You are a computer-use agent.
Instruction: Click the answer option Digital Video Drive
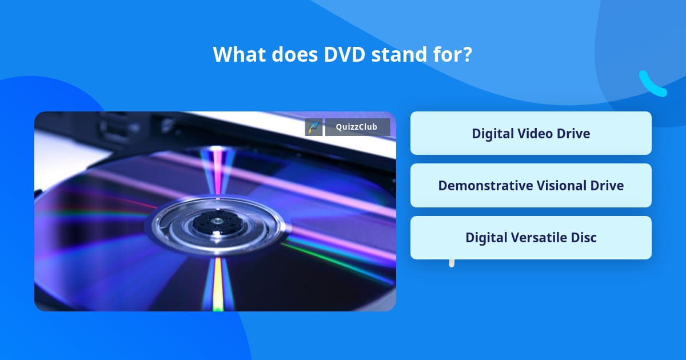[531, 133]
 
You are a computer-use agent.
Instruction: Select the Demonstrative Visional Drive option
[531, 185]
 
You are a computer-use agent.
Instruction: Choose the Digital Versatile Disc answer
[531, 237]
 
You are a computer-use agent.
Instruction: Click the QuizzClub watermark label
[357, 127]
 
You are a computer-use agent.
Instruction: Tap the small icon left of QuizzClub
[314, 127]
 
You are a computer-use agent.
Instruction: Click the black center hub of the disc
[217, 221]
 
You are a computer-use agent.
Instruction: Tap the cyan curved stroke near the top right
[652, 85]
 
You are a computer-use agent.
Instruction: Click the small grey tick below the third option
[452, 263]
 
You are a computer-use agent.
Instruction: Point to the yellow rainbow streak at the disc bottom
[218, 286]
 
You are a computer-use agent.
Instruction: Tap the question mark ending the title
[468, 55]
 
